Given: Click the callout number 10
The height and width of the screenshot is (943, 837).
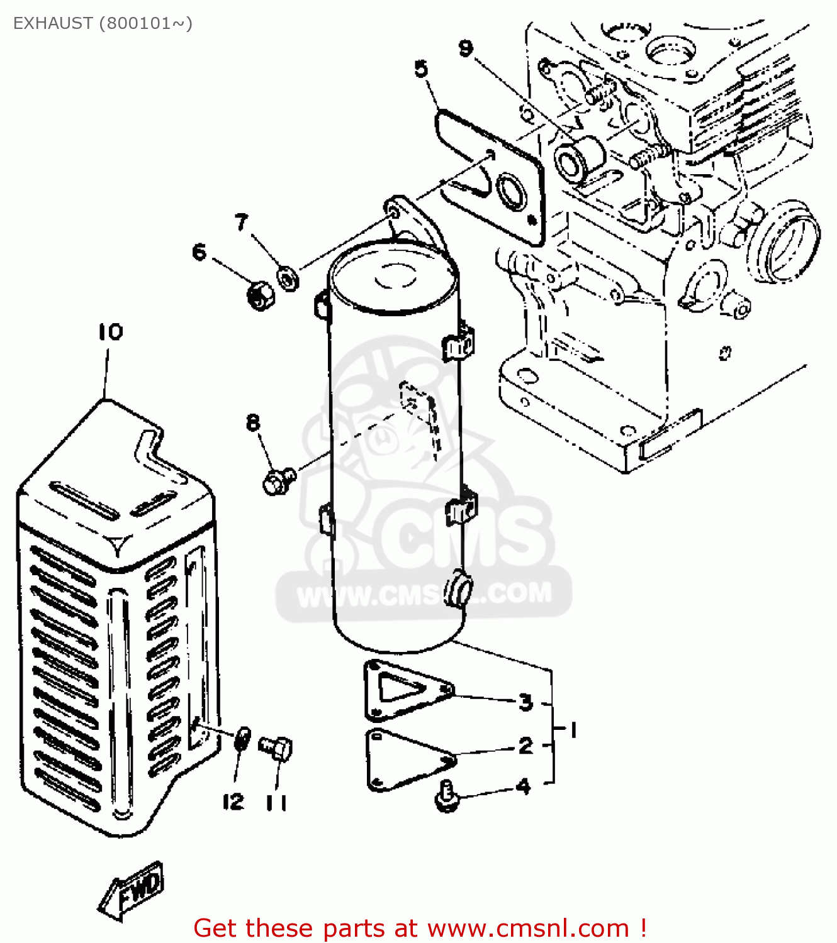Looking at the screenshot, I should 110,332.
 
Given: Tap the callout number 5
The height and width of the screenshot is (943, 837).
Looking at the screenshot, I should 422,69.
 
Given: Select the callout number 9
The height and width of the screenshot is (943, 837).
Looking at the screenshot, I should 466,48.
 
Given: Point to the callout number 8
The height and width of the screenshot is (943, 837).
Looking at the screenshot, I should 253,422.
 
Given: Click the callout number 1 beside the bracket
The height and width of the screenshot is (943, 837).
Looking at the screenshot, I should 573,730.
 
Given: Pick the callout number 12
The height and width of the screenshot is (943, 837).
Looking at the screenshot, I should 233,802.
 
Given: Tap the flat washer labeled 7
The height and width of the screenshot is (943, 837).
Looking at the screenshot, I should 288,277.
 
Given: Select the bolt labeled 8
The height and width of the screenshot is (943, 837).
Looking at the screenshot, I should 278,481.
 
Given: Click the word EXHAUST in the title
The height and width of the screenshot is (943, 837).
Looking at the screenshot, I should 53,23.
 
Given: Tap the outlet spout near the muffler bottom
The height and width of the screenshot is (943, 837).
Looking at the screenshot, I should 458,590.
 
